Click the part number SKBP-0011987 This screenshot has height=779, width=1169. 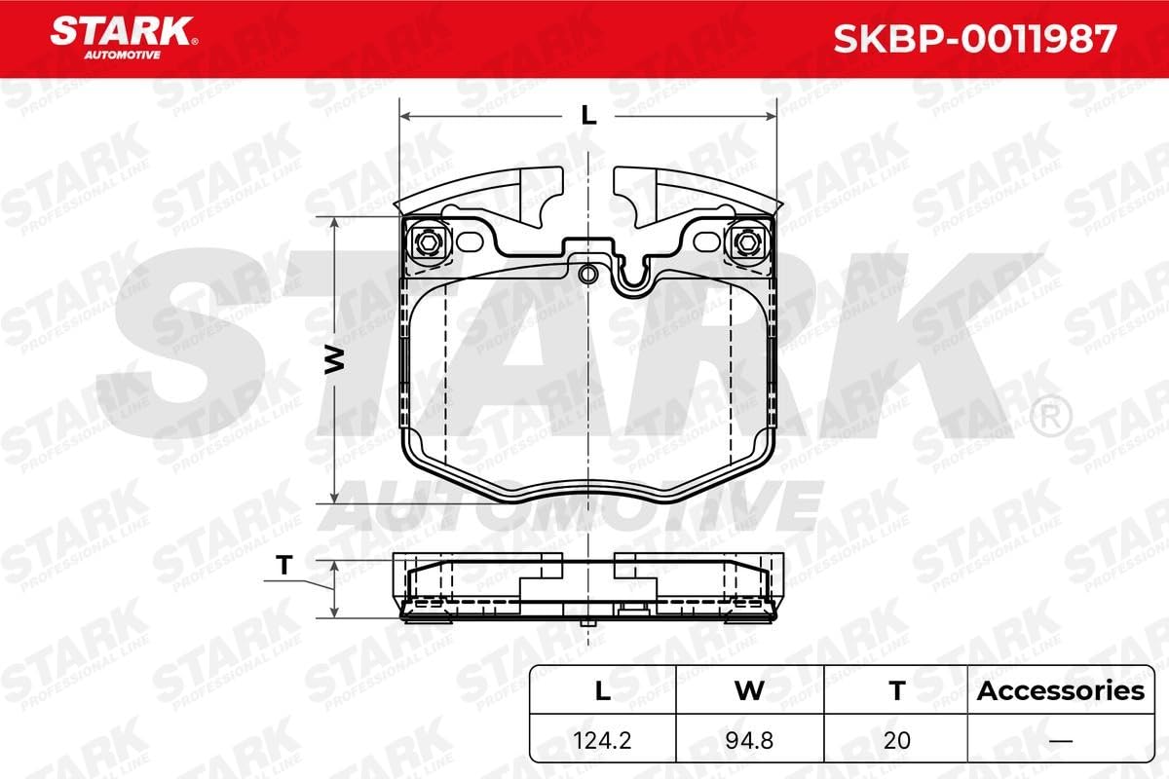[975, 39]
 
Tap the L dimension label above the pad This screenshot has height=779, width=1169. [588, 115]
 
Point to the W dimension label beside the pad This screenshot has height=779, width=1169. [334, 360]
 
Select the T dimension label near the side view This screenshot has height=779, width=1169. [284, 565]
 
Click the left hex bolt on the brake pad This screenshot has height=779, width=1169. [427, 242]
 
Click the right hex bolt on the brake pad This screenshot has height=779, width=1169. [747, 242]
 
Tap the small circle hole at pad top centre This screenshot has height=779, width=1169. [587, 274]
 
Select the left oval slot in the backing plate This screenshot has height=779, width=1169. [471, 241]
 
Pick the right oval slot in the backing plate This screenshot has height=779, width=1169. [707, 241]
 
